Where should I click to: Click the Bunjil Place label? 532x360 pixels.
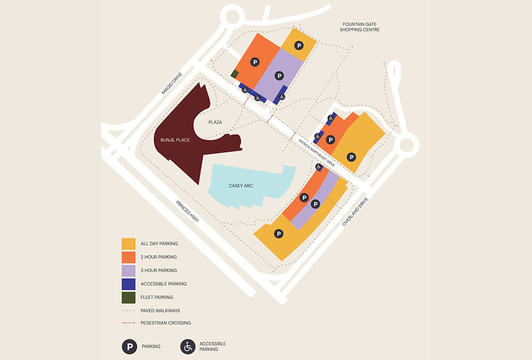(x=174, y=140)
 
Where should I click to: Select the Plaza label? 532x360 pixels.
(x=215, y=122)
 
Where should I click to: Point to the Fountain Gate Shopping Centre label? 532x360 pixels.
(x=361, y=26)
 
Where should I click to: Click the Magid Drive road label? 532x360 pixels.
(x=172, y=83)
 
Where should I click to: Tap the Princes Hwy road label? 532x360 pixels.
(x=188, y=211)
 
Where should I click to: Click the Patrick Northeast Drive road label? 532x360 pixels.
(x=317, y=152)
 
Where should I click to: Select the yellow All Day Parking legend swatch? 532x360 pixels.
(x=128, y=244)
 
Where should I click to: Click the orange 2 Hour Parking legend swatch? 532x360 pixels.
(x=128, y=257)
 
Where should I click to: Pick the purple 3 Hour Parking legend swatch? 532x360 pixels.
(x=128, y=271)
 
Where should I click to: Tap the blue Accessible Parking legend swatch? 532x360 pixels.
(x=128, y=284)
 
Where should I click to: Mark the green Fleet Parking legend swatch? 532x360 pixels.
(x=128, y=298)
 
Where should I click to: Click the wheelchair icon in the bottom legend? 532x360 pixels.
(x=188, y=347)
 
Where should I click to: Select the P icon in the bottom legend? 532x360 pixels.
(x=129, y=347)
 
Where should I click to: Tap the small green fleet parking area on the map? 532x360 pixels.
(x=235, y=74)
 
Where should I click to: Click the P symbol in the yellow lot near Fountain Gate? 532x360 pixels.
(x=298, y=45)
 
